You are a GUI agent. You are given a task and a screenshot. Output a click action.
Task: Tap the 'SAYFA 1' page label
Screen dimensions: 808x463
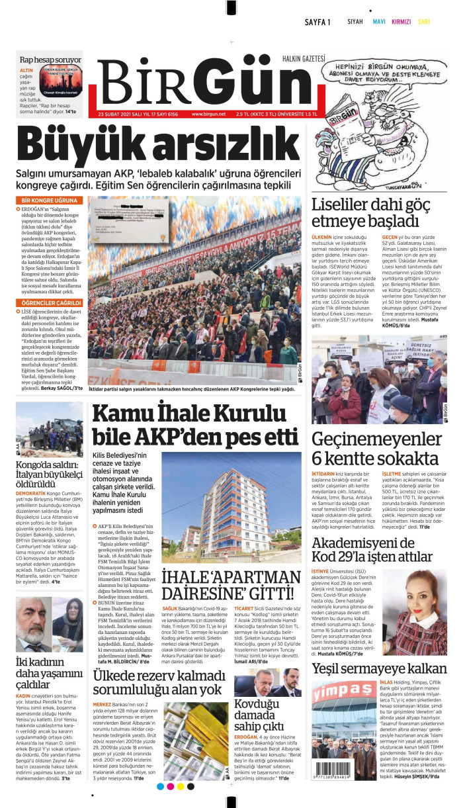(317, 22)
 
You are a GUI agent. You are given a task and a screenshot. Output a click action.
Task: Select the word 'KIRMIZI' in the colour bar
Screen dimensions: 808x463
(401, 22)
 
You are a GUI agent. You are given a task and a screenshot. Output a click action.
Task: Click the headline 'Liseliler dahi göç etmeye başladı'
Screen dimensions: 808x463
(374, 212)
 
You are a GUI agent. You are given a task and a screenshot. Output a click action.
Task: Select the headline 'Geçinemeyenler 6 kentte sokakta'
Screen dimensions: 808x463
(375, 447)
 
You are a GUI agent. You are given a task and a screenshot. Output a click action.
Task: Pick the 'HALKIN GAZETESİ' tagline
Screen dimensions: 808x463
(304, 58)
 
